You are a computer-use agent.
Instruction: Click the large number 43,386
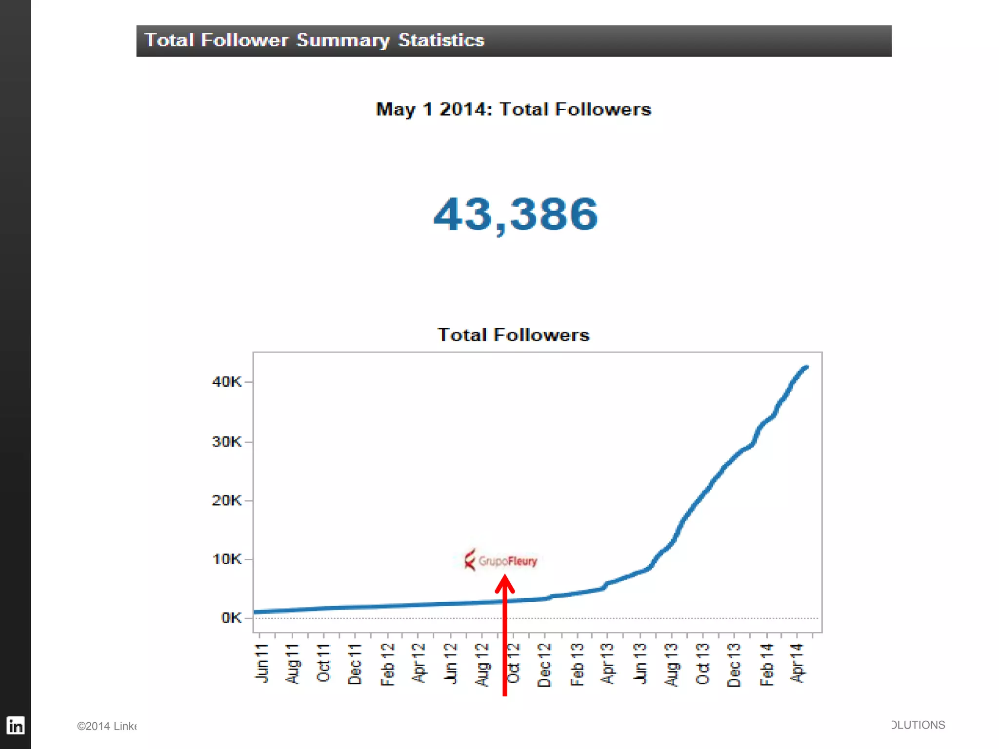(515, 214)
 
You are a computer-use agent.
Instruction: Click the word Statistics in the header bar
(441, 40)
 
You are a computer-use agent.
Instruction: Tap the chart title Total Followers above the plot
(513, 335)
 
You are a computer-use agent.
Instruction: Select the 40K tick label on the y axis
(226, 382)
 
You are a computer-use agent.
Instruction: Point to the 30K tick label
(226, 442)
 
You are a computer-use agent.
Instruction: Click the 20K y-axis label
(226, 500)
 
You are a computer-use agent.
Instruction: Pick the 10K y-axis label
(226, 559)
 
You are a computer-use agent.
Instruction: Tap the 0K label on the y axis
(231, 618)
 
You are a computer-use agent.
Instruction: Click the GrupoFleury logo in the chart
(500, 560)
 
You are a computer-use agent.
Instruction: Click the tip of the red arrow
(505, 577)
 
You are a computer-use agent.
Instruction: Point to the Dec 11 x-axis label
(355, 664)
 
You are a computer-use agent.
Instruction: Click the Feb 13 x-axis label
(577, 664)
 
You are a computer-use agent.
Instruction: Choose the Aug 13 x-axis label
(672, 664)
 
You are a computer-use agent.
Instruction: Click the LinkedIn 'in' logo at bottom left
(16, 726)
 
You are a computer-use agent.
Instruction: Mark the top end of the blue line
(806, 367)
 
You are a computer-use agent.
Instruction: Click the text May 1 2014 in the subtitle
(432, 109)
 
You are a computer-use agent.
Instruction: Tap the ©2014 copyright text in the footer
(106, 726)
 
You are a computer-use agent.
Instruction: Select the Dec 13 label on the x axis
(734, 665)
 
